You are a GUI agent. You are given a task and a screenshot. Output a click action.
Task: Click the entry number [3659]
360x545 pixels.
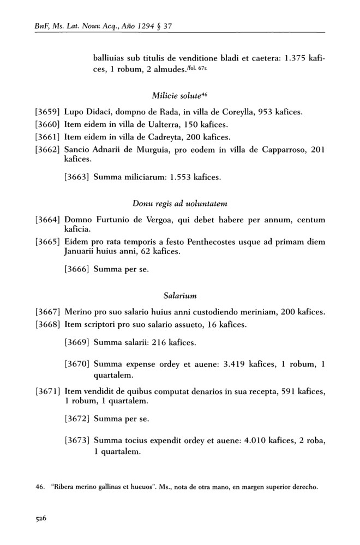click(47, 112)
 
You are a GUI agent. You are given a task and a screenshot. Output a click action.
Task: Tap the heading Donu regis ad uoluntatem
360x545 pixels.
click(180, 203)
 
